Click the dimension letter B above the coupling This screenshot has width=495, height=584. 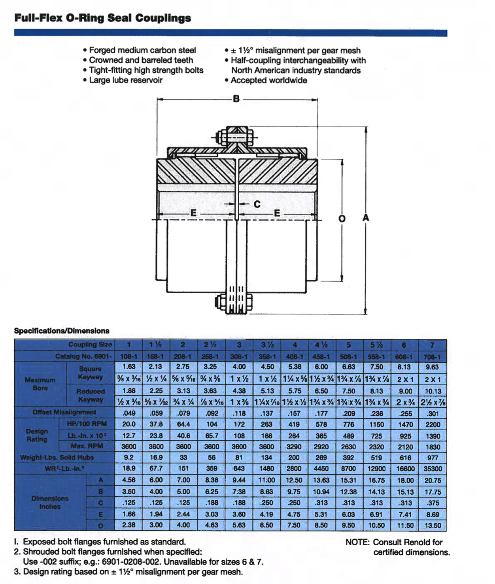[236, 98]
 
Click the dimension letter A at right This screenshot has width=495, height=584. [366, 217]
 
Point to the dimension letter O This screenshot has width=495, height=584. [342, 218]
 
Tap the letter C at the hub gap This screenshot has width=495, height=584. [257, 204]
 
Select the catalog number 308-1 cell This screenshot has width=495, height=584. [239, 356]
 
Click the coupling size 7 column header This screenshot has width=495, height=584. [432, 345]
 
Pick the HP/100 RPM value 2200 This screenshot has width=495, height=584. [433, 424]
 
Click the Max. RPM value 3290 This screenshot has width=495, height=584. [294, 447]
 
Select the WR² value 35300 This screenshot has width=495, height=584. [433, 469]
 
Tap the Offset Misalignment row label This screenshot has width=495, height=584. [64, 412]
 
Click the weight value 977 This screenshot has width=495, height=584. [433, 458]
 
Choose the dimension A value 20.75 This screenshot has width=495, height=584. [433, 480]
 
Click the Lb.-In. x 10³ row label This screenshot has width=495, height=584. [87, 435]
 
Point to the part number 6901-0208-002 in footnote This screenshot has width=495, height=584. [130, 561]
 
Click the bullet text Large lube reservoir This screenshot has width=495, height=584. [126, 80]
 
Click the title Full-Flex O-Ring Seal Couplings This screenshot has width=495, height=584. [103, 18]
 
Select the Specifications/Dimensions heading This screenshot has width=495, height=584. [62, 331]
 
